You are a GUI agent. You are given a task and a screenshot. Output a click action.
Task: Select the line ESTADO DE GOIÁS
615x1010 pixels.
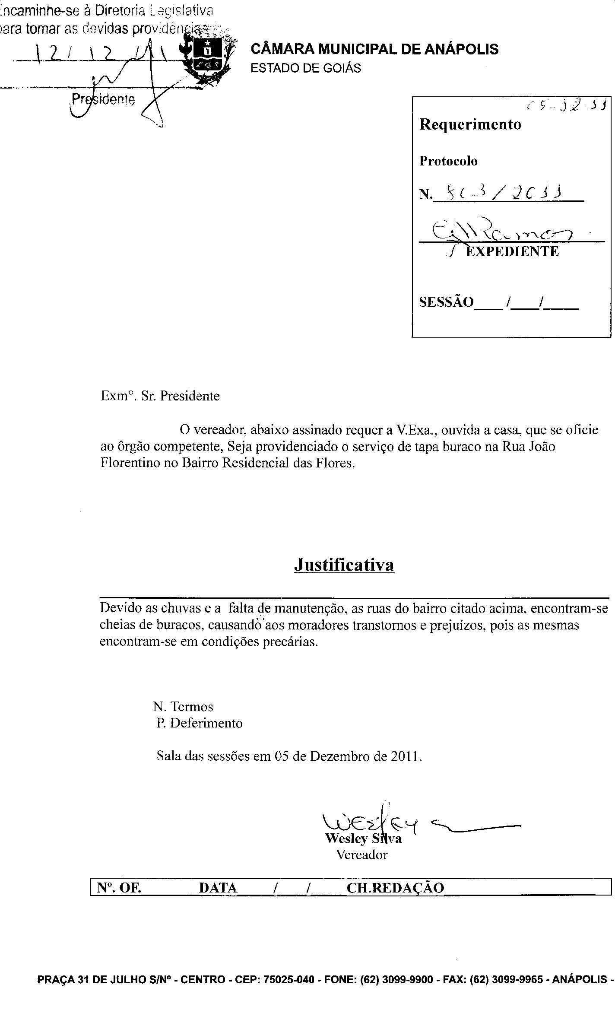pyautogui.click(x=306, y=68)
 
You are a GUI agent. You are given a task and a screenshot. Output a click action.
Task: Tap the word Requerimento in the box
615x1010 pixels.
pyautogui.click(x=470, y=124)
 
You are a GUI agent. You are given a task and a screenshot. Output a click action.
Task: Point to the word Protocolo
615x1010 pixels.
pyautogui.click(x=448, y=161)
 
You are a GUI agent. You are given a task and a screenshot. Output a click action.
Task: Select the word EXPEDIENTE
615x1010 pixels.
pyautogui.click(x=512, y=251)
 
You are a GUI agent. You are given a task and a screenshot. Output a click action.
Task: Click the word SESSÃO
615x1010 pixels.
pyautogui.click(x=446, y=302)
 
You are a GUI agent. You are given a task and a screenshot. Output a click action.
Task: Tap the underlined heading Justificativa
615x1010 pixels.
pyautogui.click(x=344, y=565)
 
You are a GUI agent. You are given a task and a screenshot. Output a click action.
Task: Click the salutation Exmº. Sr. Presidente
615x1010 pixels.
pyautogui.click(x=160, y=396)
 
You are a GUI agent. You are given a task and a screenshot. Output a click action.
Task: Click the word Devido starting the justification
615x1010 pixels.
pyautogui.click(x=120, y=608)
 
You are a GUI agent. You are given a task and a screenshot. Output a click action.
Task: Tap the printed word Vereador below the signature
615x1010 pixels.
pyautogui.click(x=362, y=854)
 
